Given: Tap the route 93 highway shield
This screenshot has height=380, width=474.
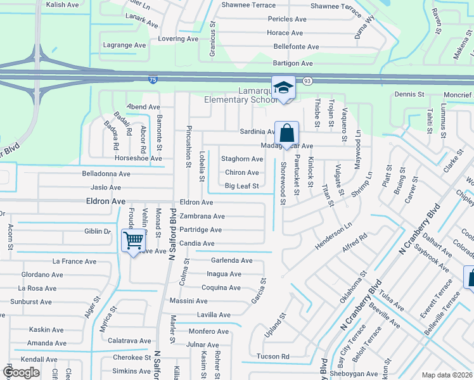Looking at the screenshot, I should click(x=307, y=81).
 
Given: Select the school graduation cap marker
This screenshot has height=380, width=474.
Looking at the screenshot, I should click(x=283, y=89).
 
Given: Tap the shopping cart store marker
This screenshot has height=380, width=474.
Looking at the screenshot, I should click(x=133, y=241).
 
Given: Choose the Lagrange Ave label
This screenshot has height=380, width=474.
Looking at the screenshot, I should click(x=125, y=45).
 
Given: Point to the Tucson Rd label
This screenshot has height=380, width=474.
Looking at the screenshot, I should click(x=272, y=357).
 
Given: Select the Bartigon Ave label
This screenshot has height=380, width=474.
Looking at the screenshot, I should click(x=293, y=63).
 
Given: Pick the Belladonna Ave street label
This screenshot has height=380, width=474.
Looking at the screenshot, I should click(x=106, y=174).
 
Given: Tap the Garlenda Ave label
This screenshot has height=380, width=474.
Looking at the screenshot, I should click(x=231, y=260).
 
